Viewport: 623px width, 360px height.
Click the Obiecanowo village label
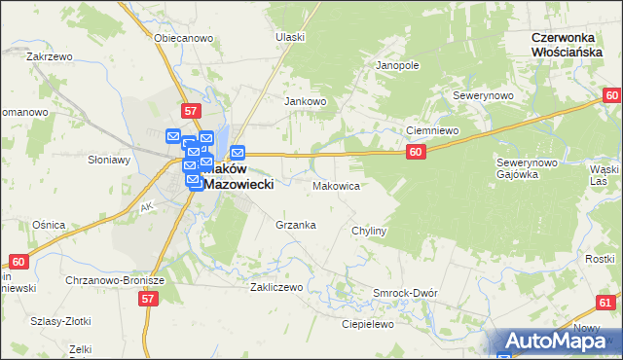point(183,38)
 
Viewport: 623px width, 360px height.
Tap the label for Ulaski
point(290,37)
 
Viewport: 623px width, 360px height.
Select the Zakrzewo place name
point(51,56)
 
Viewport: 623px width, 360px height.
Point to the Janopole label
point(397,65)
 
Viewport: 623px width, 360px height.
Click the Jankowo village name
point(304,101)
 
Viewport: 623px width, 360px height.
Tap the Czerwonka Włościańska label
point(575,44)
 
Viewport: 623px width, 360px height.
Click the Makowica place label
point(337,185)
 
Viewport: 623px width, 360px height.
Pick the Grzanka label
point(295,225)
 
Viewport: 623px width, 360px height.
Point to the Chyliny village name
point(370,232)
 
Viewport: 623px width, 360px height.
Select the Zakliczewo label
point(277,287)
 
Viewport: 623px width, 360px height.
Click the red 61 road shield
point(606,303)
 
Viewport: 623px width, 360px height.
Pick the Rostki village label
point(599,258)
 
